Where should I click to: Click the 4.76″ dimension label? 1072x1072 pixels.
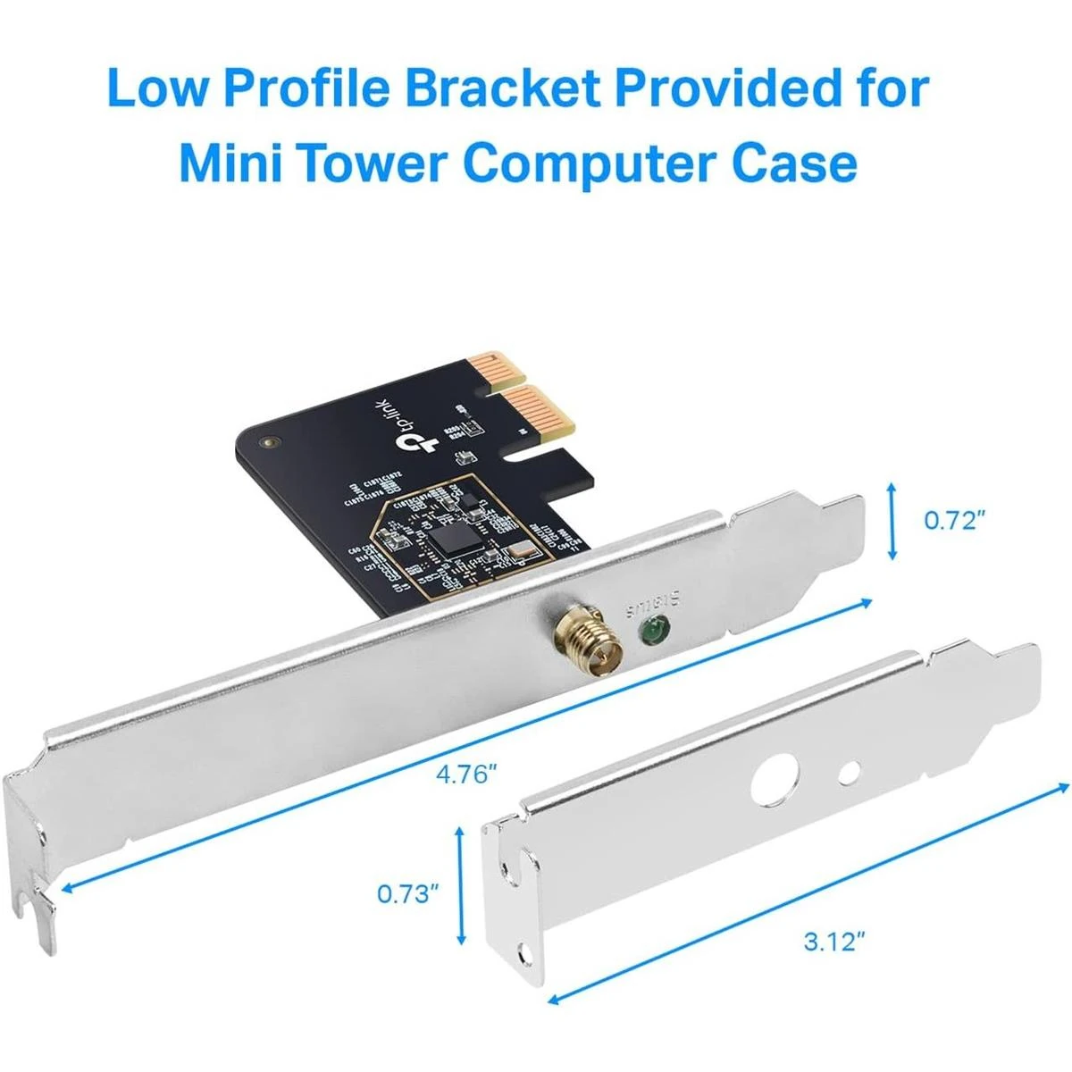click(465, 774)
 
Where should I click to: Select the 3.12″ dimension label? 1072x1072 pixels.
click(835, 941)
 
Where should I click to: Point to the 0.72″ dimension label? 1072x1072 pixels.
click(954, 520)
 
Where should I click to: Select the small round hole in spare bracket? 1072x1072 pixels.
click(851, 768)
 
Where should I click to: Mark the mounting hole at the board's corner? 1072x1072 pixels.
click(267, 441)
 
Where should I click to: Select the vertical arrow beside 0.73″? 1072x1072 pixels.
click(461, 885)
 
